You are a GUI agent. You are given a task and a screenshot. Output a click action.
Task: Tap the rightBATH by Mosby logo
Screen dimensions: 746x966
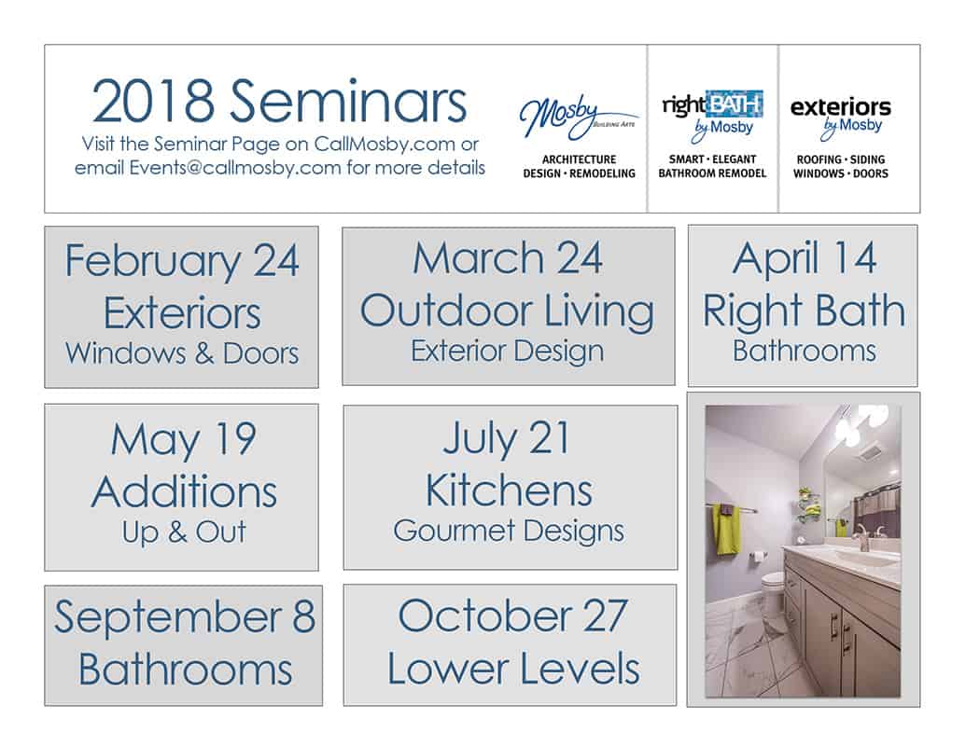tap(712, 113)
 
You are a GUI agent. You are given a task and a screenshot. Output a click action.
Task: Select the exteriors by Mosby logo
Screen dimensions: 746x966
tap(840, 114)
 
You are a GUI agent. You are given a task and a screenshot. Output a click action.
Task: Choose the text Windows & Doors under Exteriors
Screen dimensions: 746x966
tap(182, 353)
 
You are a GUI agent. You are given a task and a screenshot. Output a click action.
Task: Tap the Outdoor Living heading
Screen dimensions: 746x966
tap(508, 311)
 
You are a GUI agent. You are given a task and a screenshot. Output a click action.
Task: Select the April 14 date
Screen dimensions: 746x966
tap(804, 258)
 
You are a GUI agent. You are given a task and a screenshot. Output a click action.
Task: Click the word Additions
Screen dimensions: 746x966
tap(184, 490)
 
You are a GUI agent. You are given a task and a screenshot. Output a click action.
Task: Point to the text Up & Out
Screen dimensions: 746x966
tap(184, 532)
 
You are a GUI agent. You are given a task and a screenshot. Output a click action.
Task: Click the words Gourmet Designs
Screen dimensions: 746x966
tap(509, 531)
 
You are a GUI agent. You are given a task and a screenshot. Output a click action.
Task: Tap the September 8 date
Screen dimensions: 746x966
tap(184, 617)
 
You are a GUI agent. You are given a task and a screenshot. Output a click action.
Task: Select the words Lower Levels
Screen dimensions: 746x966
tap(513, 669)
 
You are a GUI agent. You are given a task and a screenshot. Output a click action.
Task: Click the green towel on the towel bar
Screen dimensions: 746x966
tap(724, 529)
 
